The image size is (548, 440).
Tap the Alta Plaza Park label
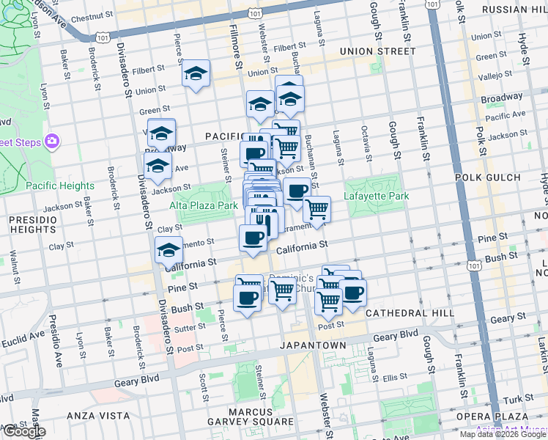[204, 206]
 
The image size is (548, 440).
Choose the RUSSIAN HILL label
[514, 10]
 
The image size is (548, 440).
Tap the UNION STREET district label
[378, 51]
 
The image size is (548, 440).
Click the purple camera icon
[52, 140]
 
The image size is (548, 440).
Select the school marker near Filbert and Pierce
[196, 73]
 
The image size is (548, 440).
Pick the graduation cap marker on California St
[169, 251]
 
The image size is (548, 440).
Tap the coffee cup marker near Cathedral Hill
[353, 293]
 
